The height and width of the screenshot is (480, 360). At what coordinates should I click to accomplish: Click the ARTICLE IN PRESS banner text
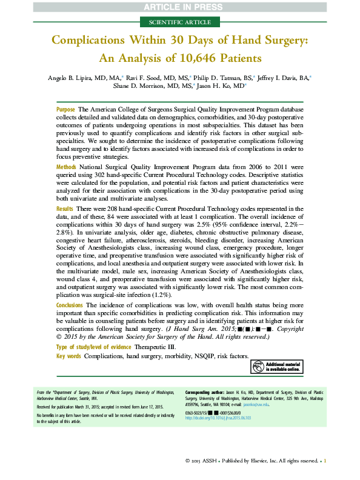click(179, 7)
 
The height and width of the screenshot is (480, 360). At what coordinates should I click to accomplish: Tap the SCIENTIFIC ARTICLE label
click(179, 22)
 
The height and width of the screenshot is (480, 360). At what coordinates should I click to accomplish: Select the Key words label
click(69, 356)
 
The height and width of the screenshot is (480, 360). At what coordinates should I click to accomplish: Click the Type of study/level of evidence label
click(94, 347)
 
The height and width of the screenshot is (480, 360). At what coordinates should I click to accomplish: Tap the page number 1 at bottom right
click(325, 461)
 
